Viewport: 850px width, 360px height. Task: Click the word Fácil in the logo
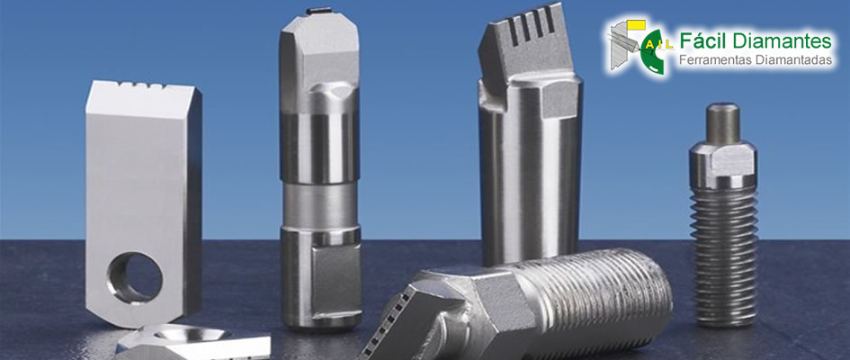702,40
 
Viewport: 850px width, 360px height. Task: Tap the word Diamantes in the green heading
781,40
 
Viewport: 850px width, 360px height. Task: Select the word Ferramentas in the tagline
711,59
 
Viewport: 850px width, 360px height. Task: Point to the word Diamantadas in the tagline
790,59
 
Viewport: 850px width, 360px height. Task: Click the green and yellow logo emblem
639,47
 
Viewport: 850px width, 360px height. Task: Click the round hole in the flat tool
135,277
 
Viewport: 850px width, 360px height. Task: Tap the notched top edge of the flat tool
140,86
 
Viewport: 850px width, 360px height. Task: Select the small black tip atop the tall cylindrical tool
319,10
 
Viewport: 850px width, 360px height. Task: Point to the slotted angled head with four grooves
523,45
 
